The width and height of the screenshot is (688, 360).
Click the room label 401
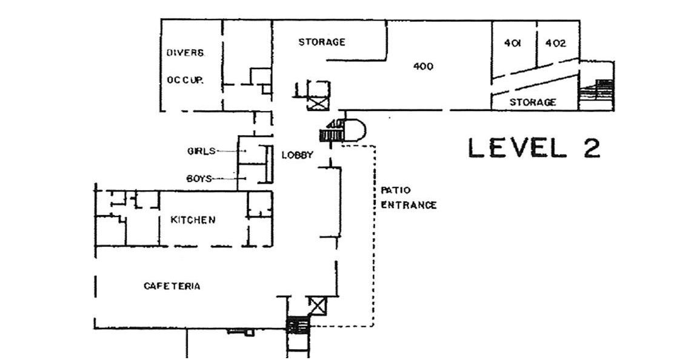tap(512, 43)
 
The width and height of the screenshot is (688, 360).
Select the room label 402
tap(555, 43)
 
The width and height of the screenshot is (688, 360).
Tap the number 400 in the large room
tap(424, 66)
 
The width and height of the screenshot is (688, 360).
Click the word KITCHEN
tap(193, 219)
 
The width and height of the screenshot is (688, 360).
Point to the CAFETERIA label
tap(172, 286)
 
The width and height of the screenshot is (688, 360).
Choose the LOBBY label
tap(298, 155)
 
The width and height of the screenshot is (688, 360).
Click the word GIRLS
tap(201, 152)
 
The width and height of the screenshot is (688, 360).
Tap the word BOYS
tap(199, 178)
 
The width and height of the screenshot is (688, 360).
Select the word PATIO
tap(396, 190)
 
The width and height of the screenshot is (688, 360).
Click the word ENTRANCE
tap(409, 205)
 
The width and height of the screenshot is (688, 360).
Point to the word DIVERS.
tap(185, 53)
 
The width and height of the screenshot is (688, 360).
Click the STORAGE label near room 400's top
tap(322, 42)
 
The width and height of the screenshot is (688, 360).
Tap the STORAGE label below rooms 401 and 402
tap(533, 102)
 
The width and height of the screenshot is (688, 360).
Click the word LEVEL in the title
tap(518, 148)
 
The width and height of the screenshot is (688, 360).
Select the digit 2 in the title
tap(592, 148)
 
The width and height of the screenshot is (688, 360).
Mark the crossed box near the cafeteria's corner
tap(317, 306)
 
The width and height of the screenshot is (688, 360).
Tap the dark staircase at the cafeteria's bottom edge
tap(298, 326)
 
